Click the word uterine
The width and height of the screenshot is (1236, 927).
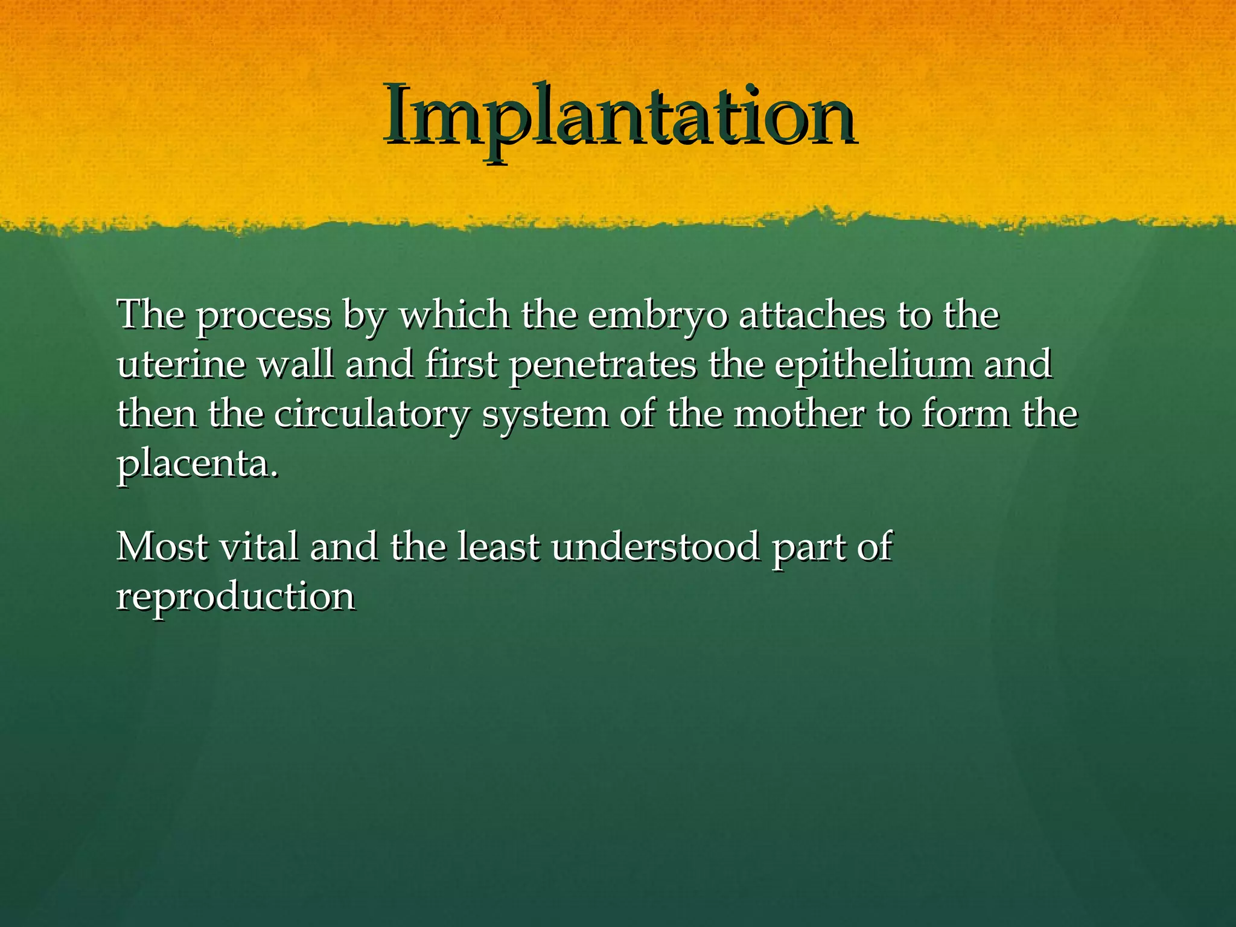coord(181,365)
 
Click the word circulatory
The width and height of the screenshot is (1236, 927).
coord(371,415)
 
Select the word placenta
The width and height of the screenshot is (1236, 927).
coord(198,465)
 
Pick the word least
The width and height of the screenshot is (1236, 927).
coord(498,547)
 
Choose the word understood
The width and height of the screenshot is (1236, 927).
coord(655,547)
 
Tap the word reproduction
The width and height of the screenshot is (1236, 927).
coord(236,597)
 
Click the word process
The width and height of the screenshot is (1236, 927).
coord(264,317)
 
